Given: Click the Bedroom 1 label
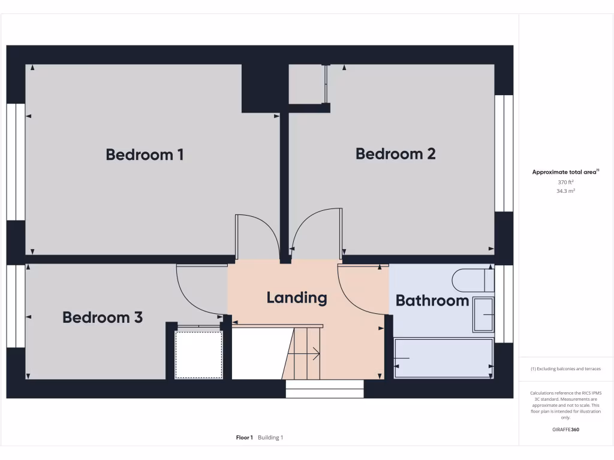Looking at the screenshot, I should click(145, 155).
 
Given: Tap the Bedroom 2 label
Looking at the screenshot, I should click(395, 154).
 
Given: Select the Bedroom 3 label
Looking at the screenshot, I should click(103, 317).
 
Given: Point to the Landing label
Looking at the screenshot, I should click(297, 298).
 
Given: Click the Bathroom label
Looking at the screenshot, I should click(432, 301).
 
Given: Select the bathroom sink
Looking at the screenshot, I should click(483, 314).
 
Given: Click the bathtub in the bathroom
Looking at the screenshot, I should click(444, 358).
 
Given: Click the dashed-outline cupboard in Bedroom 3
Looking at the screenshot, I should click(198, 354).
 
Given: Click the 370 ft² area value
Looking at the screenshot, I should click(566, 182).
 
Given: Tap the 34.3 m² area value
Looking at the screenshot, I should click(566, 191).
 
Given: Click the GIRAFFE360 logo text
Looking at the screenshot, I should click(565, 429).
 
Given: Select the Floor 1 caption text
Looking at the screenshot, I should click(245, 438).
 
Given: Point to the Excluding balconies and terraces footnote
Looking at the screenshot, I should click(565, 369).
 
